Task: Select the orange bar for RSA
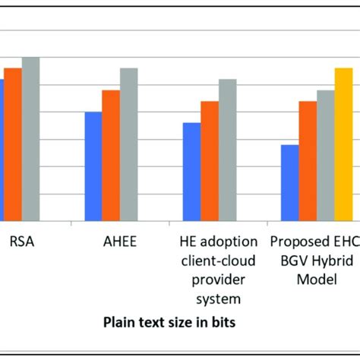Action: [x=13, y=144]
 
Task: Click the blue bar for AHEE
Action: [x=93, y=166]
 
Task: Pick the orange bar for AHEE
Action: [x=111, y=155]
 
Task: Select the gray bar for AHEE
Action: [x=129, y=144]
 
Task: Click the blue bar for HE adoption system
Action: [x=191, y=172]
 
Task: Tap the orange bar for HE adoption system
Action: [x=210, y=161]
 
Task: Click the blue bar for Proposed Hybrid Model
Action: [x=289, y=182]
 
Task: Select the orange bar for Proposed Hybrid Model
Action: [x=308, y=161]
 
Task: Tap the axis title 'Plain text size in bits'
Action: [x=169, y=322]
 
